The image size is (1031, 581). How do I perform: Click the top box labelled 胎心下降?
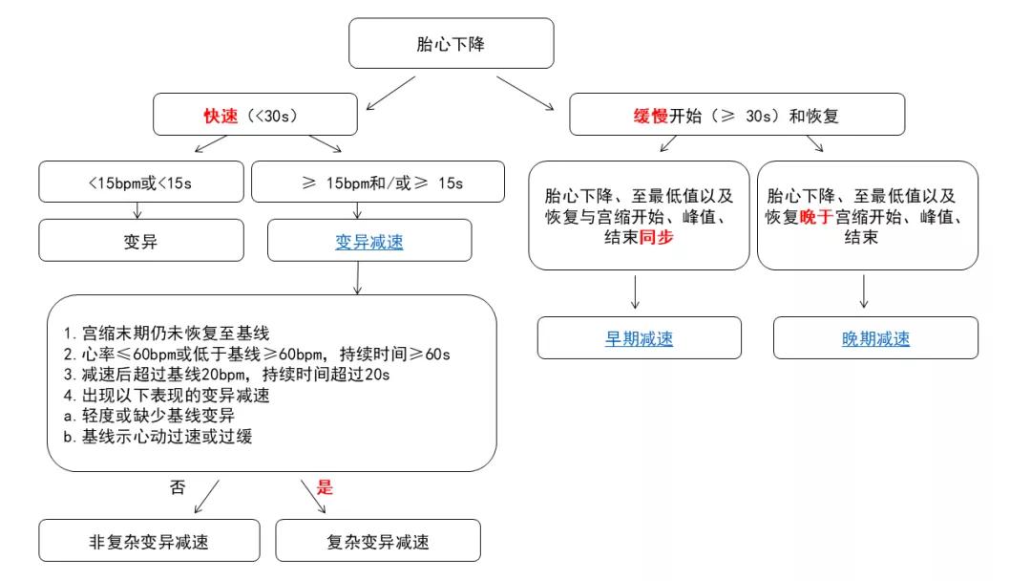tap(451, 43)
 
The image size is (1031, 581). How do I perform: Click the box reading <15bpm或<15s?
tap(141, 182)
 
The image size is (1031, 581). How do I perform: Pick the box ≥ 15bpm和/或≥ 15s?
tap(377, 182)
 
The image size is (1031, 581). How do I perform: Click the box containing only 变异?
tap(140, 241)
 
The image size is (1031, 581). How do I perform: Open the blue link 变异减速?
tap(369, 242)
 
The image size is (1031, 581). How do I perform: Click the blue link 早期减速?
tap(639, 338)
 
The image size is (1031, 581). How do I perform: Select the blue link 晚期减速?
tap(875, 338)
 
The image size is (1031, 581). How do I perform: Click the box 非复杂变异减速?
tap(148, 542)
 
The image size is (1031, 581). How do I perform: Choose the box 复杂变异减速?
tap(378, 542)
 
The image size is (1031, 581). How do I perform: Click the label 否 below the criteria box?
tap(178, 486)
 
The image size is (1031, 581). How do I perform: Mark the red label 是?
tap(326, 486)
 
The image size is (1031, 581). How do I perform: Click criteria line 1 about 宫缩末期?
tap(167, 334)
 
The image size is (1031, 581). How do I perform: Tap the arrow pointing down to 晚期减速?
tap(863, 292)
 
